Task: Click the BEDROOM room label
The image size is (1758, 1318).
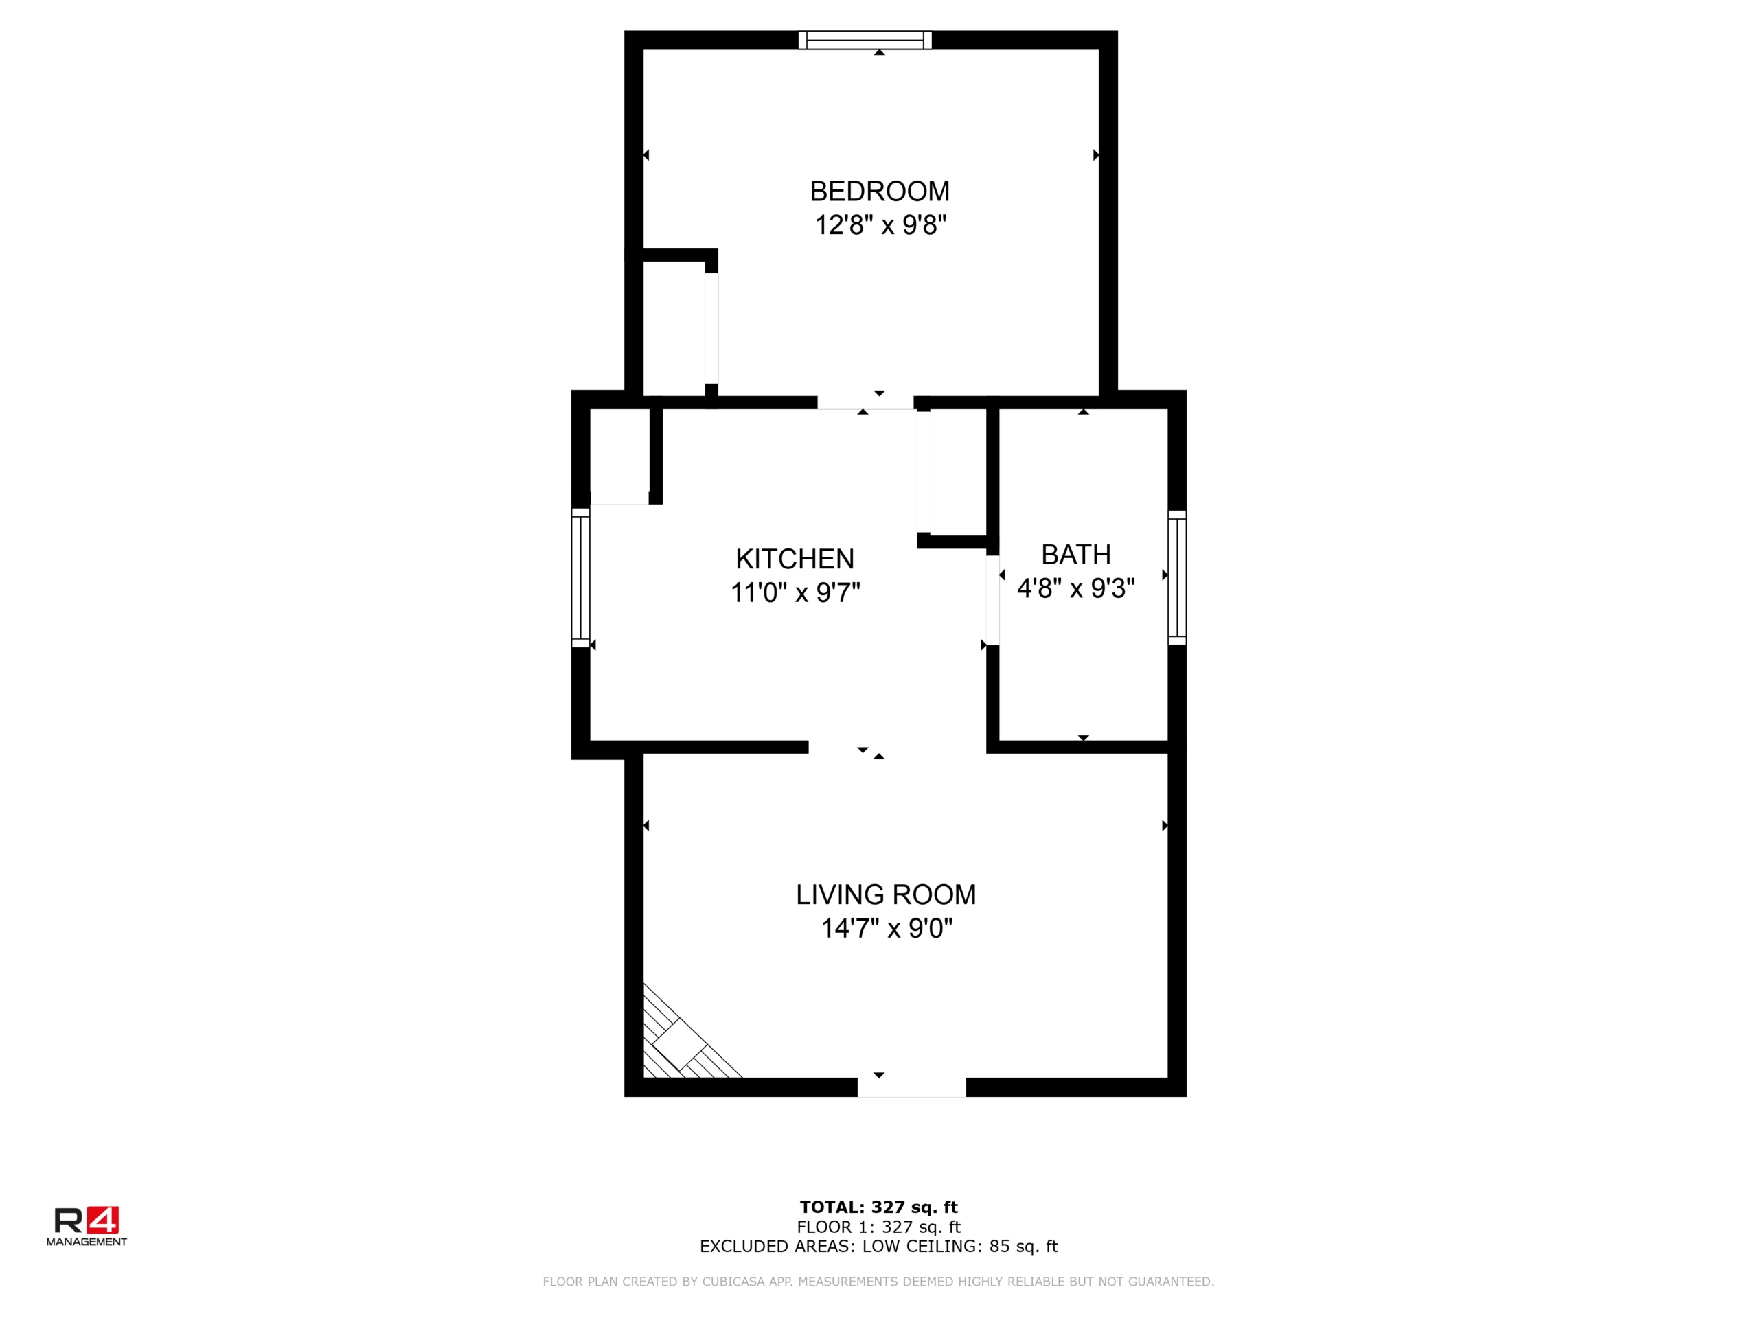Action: (880, 192)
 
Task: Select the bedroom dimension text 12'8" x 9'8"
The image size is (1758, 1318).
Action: (880, 225)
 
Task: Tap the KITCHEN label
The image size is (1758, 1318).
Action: (795, 559)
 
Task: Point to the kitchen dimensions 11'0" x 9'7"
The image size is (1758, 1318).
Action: (795, 592)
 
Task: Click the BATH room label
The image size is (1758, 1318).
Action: (1076, 555)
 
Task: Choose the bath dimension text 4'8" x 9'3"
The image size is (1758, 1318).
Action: (1076, 589)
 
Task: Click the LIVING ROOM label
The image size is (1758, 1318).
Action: (886, 894)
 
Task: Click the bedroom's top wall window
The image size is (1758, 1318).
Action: (865, 40)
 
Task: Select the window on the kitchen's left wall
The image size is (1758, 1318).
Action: (581, 577)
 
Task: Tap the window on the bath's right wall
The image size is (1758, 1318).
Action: (1177, 577)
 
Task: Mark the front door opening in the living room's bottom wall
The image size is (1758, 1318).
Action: (911, 1087)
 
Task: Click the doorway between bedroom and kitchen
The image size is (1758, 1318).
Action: (865, 403)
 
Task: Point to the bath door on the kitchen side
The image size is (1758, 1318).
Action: (992, 600)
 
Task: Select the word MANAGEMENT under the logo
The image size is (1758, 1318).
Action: (87, 1242)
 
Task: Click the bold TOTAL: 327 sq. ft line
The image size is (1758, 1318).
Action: (879, 1207)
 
